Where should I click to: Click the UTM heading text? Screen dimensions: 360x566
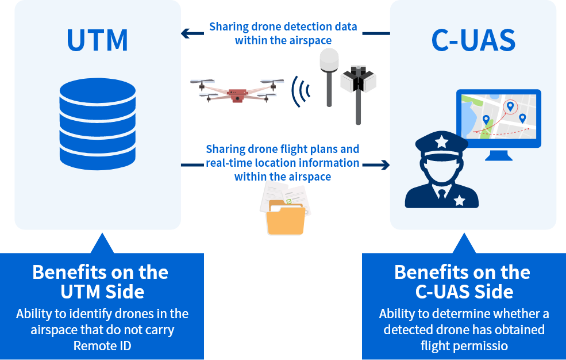coord(97,40)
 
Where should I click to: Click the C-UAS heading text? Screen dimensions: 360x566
coord(473,40)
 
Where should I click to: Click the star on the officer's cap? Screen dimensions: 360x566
coord(441,141)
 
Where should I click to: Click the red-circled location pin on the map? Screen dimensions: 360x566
coord(509,107)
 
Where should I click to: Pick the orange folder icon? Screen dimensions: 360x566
coord(285,219)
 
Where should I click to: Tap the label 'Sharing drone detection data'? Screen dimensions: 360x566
coord(283,26)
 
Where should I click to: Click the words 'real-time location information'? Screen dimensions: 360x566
coord(283,163)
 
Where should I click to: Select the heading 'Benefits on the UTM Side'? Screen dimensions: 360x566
coord(101,281)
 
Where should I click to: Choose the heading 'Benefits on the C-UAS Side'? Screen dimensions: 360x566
coord(463,281)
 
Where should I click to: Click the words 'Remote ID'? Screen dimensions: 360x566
coord(102,346)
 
